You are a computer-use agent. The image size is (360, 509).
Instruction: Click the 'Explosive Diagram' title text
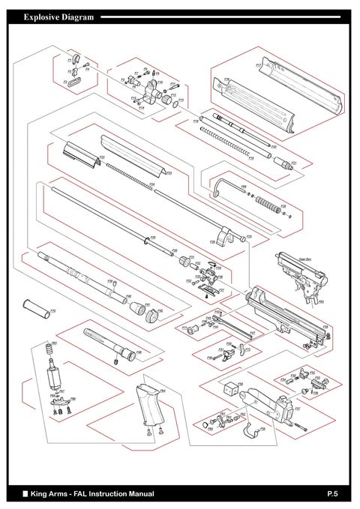point(58,16)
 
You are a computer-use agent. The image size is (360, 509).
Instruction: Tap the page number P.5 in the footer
point(333,494)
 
